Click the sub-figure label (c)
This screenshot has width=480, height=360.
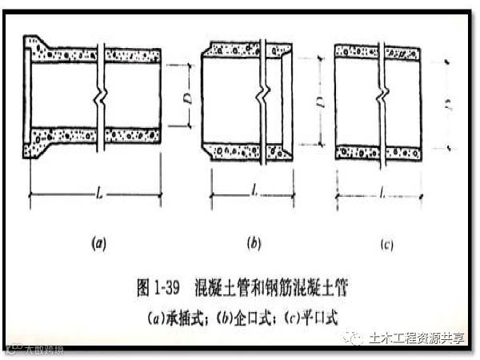click(x=388, y=246)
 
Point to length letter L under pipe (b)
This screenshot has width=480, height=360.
click(x=252, y=192)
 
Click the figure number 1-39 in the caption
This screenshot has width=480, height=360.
click(x=166, y=286)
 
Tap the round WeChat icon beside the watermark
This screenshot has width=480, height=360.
click(x=352, y=338)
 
